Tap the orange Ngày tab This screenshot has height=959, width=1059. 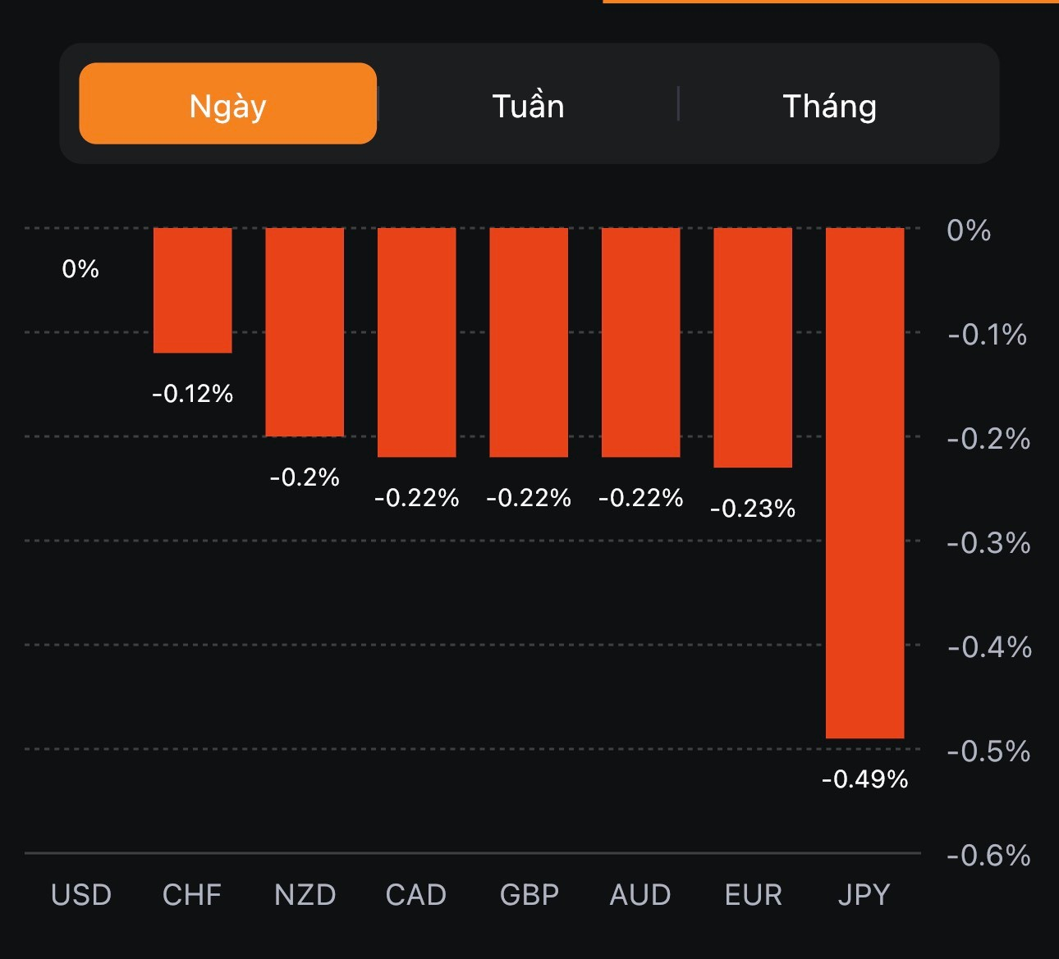(227, 104)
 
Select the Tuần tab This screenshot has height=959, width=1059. (528, 106)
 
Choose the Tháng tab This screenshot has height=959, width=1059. (829, 106)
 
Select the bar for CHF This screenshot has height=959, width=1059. (192, 290)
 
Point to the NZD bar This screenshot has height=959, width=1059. (305, 331)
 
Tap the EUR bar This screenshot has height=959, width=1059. (753, 347)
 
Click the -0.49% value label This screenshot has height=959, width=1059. (864, 779)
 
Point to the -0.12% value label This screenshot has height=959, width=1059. (192, 394)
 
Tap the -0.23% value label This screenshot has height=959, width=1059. (753, 509)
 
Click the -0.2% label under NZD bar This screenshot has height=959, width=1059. (305, 477)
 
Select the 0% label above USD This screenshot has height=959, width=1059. (80, 269)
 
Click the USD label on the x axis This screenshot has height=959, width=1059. (81, 894)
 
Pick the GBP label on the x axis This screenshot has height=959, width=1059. (529, 894)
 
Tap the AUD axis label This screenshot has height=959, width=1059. (640, 894)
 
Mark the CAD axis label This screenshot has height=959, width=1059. (416, 894)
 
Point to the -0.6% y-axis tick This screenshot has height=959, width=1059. (988, 856)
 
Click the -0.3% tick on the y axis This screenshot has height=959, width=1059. (988, 543)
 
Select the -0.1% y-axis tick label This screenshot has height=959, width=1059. (987, 335)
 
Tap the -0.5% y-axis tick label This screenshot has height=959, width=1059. (988, 751)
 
